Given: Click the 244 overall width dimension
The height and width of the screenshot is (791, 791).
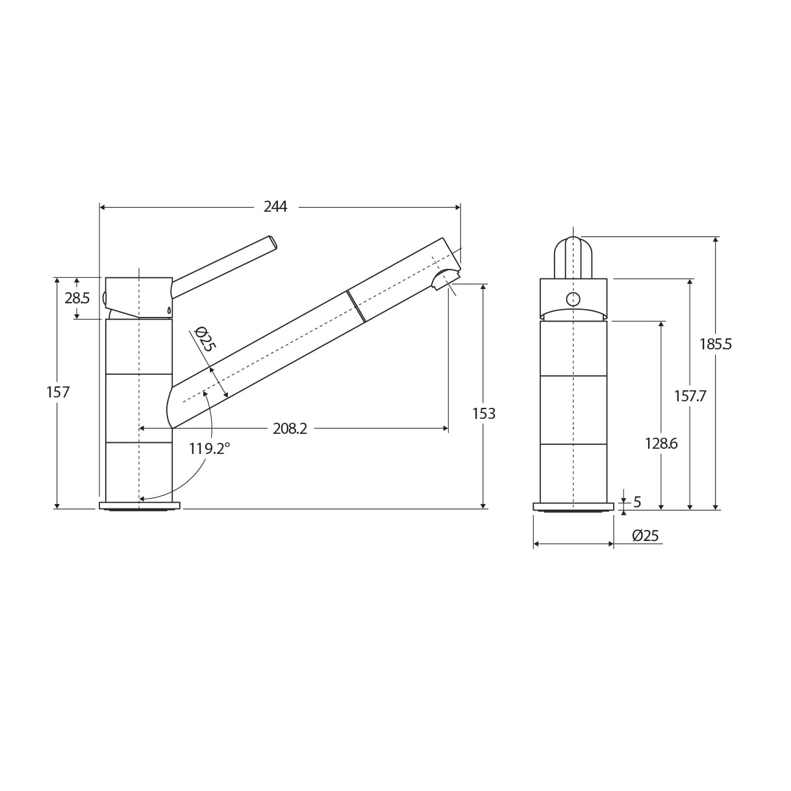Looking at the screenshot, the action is tap(275, 207).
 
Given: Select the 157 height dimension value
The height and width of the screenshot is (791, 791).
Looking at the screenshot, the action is tap(58, 392).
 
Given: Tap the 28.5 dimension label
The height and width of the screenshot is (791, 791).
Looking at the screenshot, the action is tap(77, 298).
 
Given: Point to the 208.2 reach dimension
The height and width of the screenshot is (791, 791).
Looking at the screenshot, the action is tap(290, 429).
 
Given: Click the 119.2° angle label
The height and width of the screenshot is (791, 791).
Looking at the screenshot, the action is tap(209, 449).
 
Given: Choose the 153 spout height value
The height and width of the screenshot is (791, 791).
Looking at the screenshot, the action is tap(484, 414).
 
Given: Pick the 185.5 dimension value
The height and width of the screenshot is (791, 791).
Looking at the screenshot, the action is tap(716, 344).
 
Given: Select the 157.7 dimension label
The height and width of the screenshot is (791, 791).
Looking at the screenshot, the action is tap(690, 396).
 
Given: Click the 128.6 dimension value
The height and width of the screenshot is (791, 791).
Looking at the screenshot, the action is tap(661, 444).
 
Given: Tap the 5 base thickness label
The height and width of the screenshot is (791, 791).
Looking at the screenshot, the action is tap(637, 501).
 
